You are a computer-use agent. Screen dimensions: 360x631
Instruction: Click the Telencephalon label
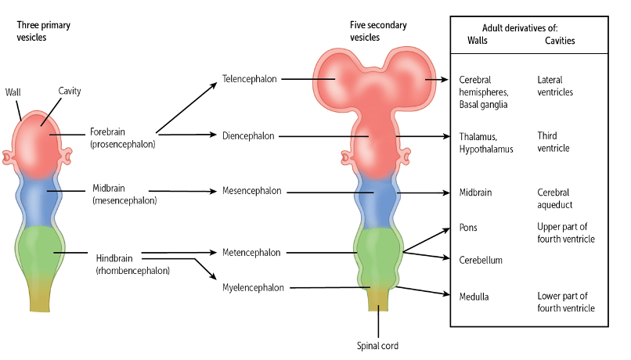click(x=248, y=78)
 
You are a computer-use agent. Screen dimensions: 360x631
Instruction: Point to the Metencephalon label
click(x=250, y=253)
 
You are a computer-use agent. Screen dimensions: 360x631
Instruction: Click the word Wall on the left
click(x=13, y=92)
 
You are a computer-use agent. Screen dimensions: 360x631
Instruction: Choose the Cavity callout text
click(x=70, y=92)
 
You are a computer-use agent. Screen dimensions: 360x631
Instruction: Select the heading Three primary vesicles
click(x=43, y=31)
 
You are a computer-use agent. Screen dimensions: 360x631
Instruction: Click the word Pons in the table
click(x=468, y=228)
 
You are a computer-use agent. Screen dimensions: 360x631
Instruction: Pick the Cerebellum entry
click(x=481, y=260)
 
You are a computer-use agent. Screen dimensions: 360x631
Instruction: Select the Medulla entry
click(x=474, y=296)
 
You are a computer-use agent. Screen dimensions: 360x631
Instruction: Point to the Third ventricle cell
click(x=553, y=142)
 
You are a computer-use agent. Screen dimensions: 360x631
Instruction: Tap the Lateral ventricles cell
click(x=556, y=85)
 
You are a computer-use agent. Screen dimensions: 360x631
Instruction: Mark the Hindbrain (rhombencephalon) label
click(x=132, y=264)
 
